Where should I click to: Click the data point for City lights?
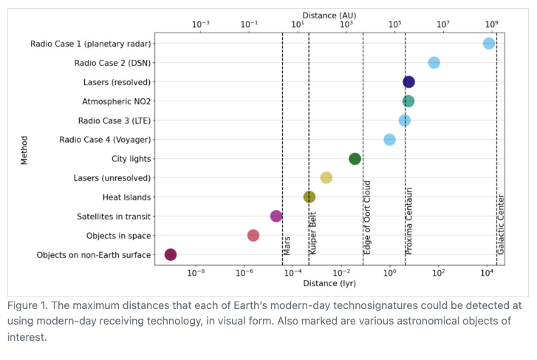[355, 159]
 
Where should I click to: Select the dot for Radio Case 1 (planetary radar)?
[489, 44]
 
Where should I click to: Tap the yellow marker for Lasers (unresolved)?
[326, 178]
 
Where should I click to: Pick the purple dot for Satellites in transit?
[276, 217]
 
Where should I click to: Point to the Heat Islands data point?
[309, 197]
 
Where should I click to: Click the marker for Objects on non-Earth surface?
[171, 255]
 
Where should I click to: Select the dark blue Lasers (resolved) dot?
[408, 82]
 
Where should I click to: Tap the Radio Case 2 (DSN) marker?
[434, 63]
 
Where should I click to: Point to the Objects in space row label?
[118, 236]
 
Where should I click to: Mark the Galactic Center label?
[501, 225]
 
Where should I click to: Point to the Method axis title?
[24, 149]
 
